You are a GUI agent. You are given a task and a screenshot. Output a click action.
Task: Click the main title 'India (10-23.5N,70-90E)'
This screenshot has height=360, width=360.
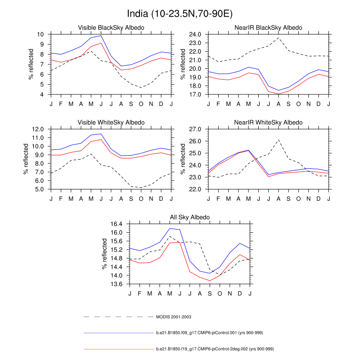180,13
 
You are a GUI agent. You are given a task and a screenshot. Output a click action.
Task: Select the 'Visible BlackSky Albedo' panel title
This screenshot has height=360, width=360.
111,28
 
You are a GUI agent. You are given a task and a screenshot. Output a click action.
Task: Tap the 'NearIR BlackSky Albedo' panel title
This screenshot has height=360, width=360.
268,28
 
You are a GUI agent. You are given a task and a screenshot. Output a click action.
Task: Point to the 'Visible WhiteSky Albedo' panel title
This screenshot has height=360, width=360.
111,122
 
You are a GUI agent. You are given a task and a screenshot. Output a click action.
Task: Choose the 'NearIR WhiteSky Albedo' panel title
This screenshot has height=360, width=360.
268,122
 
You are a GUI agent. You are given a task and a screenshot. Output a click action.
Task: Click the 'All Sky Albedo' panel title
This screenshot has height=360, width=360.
189,217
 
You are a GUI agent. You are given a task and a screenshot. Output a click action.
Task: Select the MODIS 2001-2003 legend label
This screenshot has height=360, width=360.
174,317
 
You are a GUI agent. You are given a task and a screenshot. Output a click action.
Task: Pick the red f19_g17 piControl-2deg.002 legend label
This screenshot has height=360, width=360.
215,349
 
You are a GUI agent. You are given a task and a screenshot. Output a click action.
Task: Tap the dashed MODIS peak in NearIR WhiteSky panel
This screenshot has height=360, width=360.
279,139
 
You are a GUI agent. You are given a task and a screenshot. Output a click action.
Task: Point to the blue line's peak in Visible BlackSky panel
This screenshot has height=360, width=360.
101,36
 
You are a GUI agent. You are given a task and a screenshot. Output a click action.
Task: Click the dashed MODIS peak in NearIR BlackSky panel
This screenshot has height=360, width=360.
279,38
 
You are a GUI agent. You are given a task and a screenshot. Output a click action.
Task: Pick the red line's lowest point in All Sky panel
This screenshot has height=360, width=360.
209,281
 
